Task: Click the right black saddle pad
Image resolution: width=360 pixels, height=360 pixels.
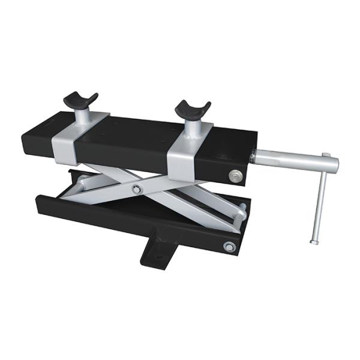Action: coord(193,109)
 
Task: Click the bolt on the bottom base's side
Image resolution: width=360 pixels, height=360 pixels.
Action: coord(228,246)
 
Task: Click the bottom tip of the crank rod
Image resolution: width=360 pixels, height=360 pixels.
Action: coord(314,241)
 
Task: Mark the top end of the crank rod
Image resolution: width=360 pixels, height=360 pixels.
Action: coord(326,157)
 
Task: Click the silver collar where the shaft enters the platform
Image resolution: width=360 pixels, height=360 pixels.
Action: coord(254,157)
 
